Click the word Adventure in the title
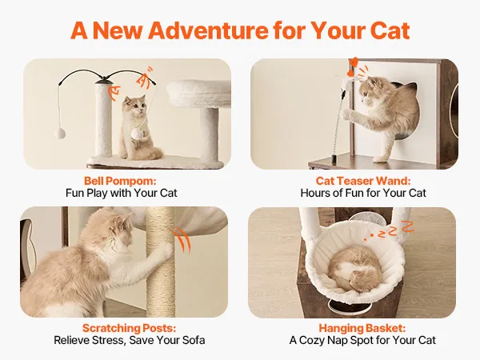coord(208,30)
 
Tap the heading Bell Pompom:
coord(120,181)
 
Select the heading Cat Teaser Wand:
coord(363,181)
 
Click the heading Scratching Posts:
coord(129,328)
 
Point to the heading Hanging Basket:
coord(362,328)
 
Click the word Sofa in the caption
coord(194,340)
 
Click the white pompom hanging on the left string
coord(60,134)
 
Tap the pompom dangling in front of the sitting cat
coord(137,134)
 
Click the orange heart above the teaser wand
coord(354,62)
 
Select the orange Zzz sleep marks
coord(389,230)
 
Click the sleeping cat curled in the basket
coord(354,269)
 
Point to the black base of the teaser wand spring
coord(334,159)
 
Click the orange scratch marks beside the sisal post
coord(182,241)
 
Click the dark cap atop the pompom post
coord(104,81)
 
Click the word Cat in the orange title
coord(390,30)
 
